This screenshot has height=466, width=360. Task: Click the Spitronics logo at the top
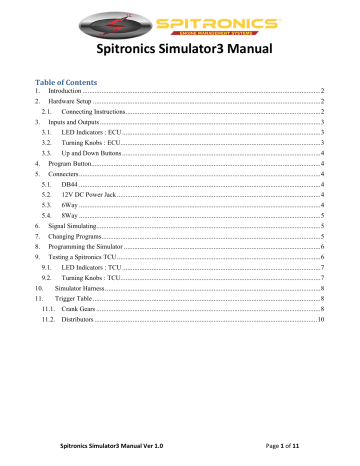click(180, 22)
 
